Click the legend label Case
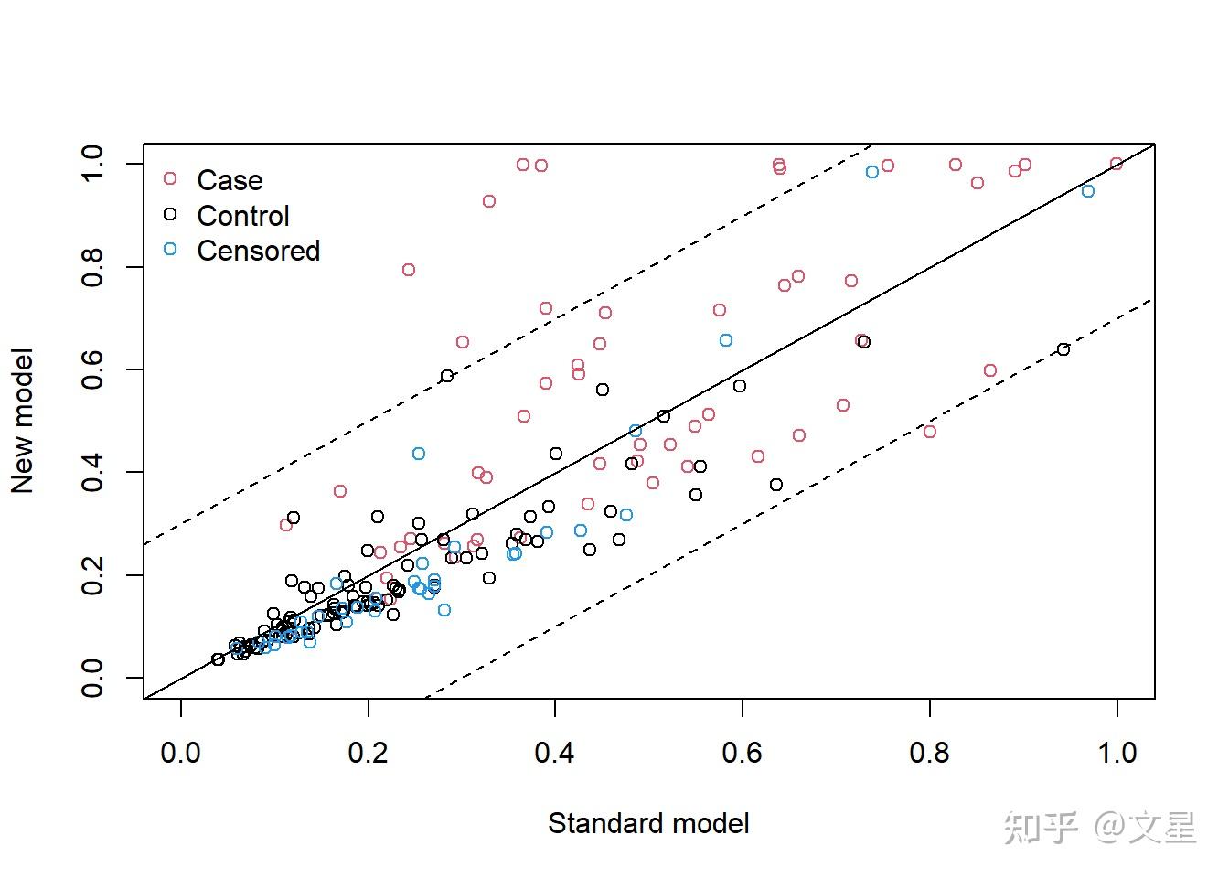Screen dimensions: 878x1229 230,180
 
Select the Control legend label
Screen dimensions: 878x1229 243,216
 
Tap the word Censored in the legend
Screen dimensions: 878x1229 259,251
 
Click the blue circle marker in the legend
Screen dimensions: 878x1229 170,250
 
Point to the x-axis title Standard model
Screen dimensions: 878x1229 648,823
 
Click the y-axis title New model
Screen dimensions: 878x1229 22,421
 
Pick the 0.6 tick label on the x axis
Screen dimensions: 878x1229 742,753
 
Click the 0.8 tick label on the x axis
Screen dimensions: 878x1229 929,753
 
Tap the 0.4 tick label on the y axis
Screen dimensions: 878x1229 92,472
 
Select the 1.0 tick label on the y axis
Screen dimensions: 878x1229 92,164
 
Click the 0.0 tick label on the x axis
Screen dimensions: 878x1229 180,753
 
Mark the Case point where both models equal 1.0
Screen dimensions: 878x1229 1116,164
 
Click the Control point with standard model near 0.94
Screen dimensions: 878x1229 1063,349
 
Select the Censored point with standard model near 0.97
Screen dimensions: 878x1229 1087,191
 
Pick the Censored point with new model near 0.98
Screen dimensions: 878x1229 871,172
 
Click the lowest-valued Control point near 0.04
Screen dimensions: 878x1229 218,659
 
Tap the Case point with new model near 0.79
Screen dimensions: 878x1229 408,270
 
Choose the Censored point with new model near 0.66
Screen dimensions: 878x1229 725,340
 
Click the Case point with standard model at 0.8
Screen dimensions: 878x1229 929,432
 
